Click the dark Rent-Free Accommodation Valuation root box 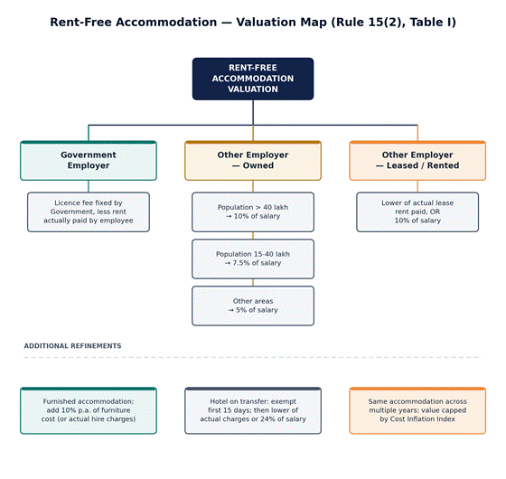coord(253,79)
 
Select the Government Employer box coord(89,161)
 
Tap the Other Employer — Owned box coord(253,161)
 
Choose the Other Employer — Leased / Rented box coord(417,161)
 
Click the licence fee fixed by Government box coord(89,212)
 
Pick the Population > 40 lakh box coord(253,212)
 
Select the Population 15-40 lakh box coord(253,258)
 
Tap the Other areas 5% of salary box coord(253,305)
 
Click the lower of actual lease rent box coord(417,212)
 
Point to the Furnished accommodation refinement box coord(89,410)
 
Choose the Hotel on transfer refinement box coord(253,410)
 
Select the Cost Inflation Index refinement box coord(417,410)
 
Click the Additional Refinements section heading coord(72,346)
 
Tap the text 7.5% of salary coord(257,263)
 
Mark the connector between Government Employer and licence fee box coord(89,186)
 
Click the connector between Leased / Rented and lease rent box coord(417,186)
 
